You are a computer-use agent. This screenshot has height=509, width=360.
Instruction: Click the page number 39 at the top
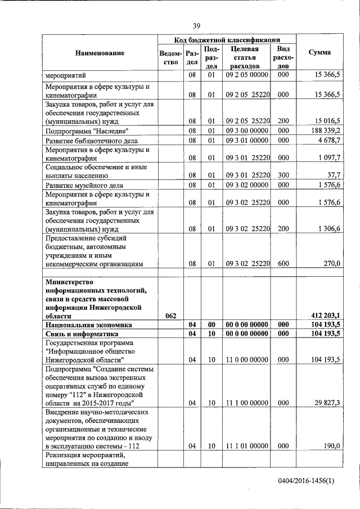coord(197,26)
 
